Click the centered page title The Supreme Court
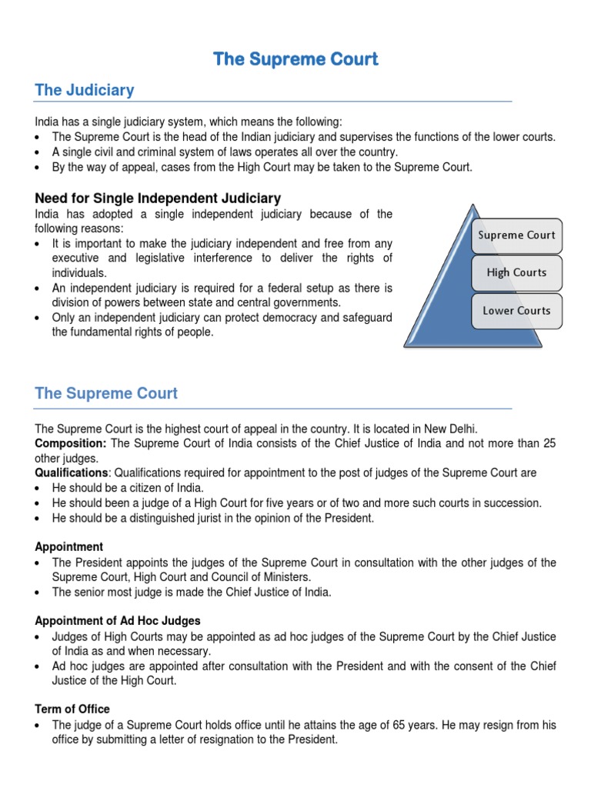tap(295, 59)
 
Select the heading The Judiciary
tap(85, 90)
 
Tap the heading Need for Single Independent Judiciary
tap(158, 199)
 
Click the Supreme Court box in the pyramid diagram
tap(516, 235)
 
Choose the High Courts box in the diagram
tap(516, 272)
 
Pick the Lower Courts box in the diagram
tap(516, 311)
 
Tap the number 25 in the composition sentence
tap(548, 443)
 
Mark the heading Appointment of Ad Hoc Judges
tap(118, 621)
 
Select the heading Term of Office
tap(72, 710)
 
